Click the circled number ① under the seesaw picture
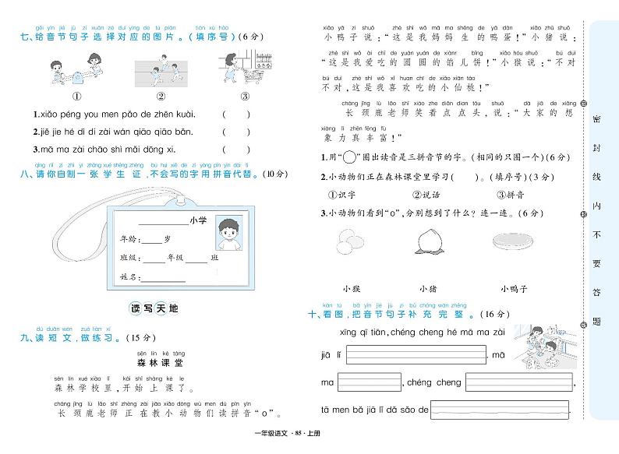tap(78, 97)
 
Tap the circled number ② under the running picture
tap(161, 97)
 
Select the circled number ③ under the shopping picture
tap(243, 97)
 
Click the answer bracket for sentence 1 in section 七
tap(236, 114)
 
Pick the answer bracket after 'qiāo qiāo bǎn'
tap(236, 132)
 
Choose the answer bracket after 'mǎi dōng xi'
tap(236, 150)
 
